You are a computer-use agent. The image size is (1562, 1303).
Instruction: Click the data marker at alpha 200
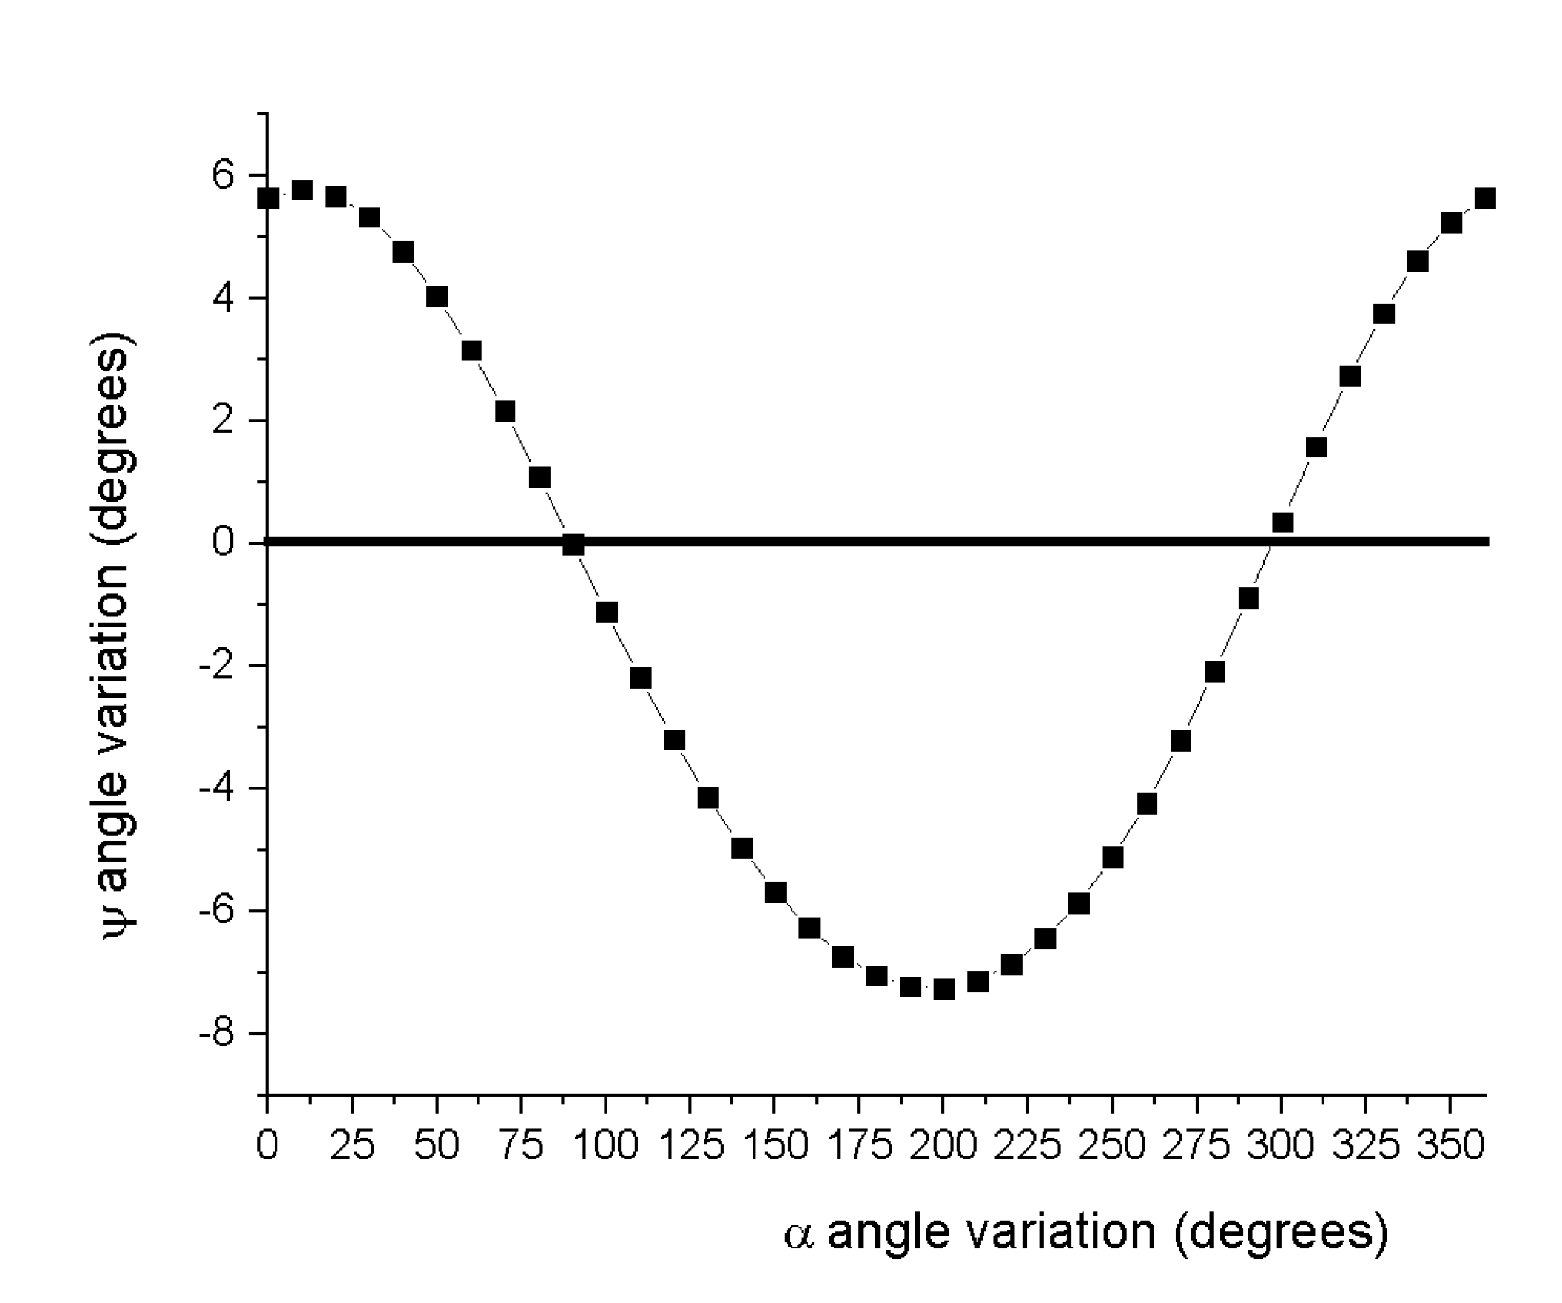tap(943, 989)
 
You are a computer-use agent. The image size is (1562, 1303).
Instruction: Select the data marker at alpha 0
tap(269, 198)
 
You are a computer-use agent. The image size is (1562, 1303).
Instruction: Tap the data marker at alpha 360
tap(1484, 198)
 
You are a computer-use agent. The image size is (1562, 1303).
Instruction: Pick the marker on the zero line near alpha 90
tap(573, 545)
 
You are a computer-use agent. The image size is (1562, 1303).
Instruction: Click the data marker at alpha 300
tap(1282, 523)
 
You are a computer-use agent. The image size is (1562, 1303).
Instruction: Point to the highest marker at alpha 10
tap(302, 189)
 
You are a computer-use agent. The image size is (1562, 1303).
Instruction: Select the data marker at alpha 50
tap(437, 297)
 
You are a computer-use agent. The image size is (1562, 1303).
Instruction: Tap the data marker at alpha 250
tap(1113, 858)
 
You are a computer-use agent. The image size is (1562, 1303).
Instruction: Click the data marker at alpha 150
tap(775, 892)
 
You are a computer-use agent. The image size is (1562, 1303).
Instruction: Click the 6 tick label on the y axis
tap(223, 176)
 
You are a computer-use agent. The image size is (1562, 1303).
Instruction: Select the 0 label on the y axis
tap(223, 542)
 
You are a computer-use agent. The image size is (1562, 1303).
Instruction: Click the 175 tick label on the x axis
tap(860, 1145)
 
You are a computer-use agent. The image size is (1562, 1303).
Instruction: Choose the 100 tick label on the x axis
tap(606, 1145)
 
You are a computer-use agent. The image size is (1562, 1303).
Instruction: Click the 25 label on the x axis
tap(351, 1145)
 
